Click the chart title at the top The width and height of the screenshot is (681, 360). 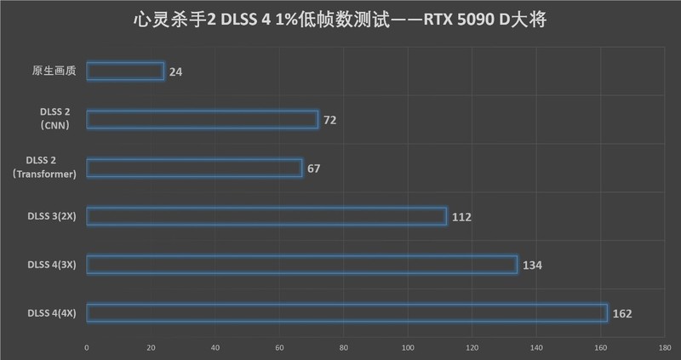[340, 19]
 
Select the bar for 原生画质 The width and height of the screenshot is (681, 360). [125, 71]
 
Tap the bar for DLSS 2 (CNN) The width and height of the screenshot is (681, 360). [203, 120]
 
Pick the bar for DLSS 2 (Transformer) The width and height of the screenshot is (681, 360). [194, 168]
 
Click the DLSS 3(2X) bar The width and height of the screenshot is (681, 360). [266, 216]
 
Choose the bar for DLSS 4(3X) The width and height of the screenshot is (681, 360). [301, 265]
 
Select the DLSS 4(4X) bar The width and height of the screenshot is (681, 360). [346, 313]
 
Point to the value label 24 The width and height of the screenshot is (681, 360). [176, 72]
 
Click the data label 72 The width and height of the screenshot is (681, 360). [330, 121]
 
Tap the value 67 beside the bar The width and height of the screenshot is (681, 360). [314, 169]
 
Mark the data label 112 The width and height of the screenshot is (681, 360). [462, 217]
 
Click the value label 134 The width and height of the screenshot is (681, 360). [533, 266]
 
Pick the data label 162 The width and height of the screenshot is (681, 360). [622, 314]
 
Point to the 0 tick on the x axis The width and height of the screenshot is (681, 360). [87, 346]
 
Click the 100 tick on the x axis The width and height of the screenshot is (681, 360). [408, 346]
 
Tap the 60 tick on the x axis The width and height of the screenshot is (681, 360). [279, 346]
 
